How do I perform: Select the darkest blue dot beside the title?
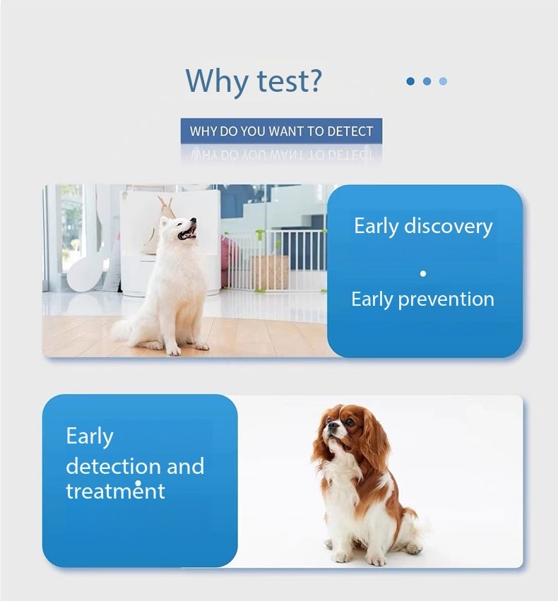[x=410, y=81]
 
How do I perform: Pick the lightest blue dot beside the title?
[x=443, y=81]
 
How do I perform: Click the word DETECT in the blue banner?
[x=350, y=131]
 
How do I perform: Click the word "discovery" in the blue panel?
[x=449, y=226]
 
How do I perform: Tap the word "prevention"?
[x=446, y=299]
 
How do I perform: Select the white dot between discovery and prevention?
[x=423, y=274]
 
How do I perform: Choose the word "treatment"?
[x=115, y=491]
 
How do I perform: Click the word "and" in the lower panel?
[x=186, y=466]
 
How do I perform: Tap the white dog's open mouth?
[x=188, y=232]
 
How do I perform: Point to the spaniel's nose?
[x=329, y=424]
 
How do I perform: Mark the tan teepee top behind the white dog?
[x=165, y=203]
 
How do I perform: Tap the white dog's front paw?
[x=174, y=350]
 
